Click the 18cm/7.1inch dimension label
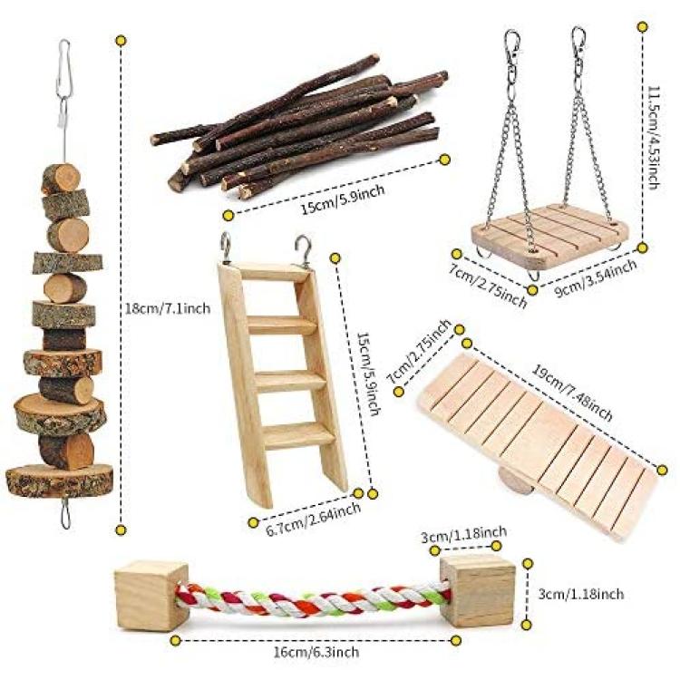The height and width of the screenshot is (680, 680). pyautogui.click(x=168, y=309)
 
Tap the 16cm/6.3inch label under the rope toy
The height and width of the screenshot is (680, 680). pyautogui.click(x=316, y=652)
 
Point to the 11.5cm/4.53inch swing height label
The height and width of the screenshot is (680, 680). pyautogui.click(x=654, y=137)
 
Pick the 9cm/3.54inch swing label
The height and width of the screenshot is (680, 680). pyautogui.click(x=597, y=278)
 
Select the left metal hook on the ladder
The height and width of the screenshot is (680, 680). pyautogui.click(x=226, y=248)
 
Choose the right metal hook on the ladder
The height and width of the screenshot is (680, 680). pyautogui.click(x=304, y=250)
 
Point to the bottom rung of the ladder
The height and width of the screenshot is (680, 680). pyautogui.click(x=298, y=435)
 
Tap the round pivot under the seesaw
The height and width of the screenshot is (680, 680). pyautogui.click(x=515, y=482)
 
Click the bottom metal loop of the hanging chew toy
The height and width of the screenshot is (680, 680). pyautogui.click(x=65, y=513)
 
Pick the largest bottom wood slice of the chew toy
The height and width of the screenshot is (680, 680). pyautogui.click(x=60, y=481)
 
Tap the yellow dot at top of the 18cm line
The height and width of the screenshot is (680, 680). pyautogui.click(x=121, y=41)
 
